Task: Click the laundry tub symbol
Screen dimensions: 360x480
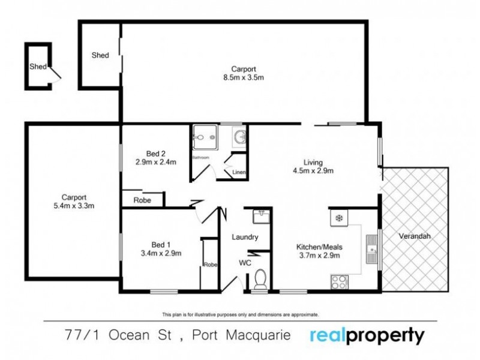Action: click(260, 213)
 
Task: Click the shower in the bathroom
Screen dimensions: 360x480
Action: click(205, 137)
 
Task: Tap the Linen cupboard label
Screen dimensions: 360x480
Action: click(238, 173)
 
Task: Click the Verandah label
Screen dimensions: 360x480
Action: click(413, 236)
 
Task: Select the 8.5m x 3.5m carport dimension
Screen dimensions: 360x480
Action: click(244, 77)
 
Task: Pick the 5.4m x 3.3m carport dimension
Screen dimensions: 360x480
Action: click(74, 206)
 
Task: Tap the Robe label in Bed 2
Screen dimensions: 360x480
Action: click(142, 200)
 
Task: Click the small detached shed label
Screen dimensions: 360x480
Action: click(37, 67)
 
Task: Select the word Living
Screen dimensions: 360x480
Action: click(313, 162)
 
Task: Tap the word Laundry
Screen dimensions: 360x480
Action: click(245, 237)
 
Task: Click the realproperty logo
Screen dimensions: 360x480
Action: click(367, 335)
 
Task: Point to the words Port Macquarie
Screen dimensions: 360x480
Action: click(246, 335)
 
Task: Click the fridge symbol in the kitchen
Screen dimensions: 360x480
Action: click(338, 217)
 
